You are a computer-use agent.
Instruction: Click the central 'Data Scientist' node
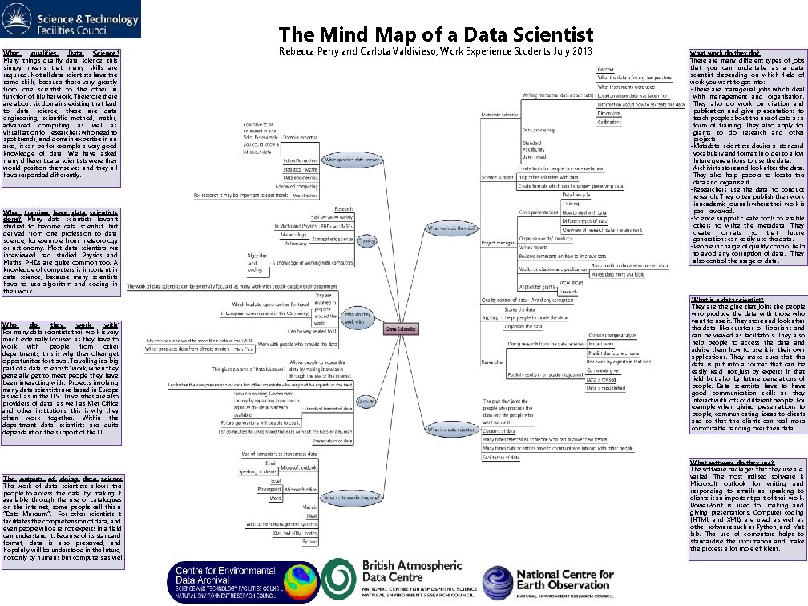pyautogui.click(x=402, y=328)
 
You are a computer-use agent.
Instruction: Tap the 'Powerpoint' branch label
pyautogui.click(x=269, y=488)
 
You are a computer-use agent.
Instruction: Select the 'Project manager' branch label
pyautogui.click(x=497, y=263)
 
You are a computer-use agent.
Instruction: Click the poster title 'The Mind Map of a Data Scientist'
pyautogui.click(x=436, y=35)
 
